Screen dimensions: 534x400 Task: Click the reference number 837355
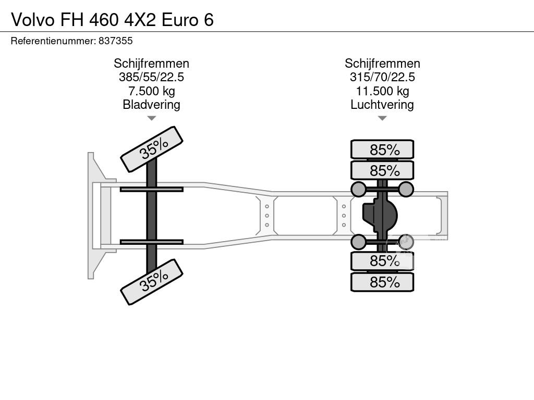[x=115, y=41]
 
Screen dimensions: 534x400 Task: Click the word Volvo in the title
[x=33, y=20]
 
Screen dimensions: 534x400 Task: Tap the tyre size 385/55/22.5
[x=151, y=77]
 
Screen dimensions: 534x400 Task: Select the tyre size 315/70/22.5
[x=382, y=77]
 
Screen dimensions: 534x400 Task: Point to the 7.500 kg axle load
[x=152, y=91]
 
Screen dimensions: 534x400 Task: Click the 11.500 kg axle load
[x=382, y=91]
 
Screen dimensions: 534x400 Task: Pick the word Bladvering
[x=152, y=104]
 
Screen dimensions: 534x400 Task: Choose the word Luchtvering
[x=382, y=104]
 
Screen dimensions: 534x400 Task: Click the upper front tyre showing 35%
[x=152, y=149]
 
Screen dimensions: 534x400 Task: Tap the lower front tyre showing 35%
[x=152, y=282]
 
